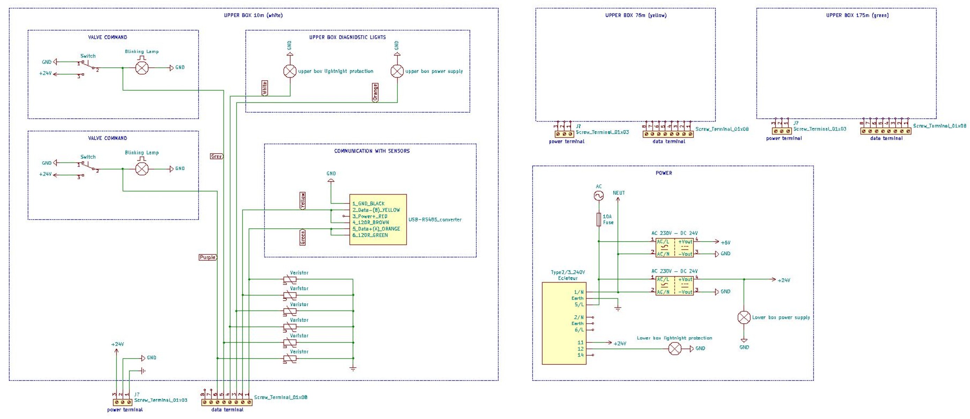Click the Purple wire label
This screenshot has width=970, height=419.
point(208,257)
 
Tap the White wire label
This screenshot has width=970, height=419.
point(265,88)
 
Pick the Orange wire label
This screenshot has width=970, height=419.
point(375,92)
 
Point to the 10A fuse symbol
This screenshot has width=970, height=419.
point(598,219)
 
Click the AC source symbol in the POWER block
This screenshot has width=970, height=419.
point(598,196)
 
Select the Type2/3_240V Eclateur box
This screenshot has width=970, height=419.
point(564,323)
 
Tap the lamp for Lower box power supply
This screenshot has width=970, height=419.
point(744,318)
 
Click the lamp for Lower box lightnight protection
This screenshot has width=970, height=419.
point(674,348)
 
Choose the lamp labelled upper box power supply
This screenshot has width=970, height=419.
point(397,71)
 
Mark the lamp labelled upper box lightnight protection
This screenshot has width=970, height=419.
point(290,71)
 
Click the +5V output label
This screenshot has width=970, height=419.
point(725,243)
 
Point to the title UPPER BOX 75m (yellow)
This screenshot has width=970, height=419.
point(636,15)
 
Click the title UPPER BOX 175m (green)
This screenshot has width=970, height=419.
point(857,15)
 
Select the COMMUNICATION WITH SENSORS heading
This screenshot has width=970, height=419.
point(372,151)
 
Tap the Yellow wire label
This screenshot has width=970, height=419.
point(303,200)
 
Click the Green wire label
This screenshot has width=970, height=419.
point(303,237)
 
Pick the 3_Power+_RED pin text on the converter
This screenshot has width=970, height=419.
point(370,216)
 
